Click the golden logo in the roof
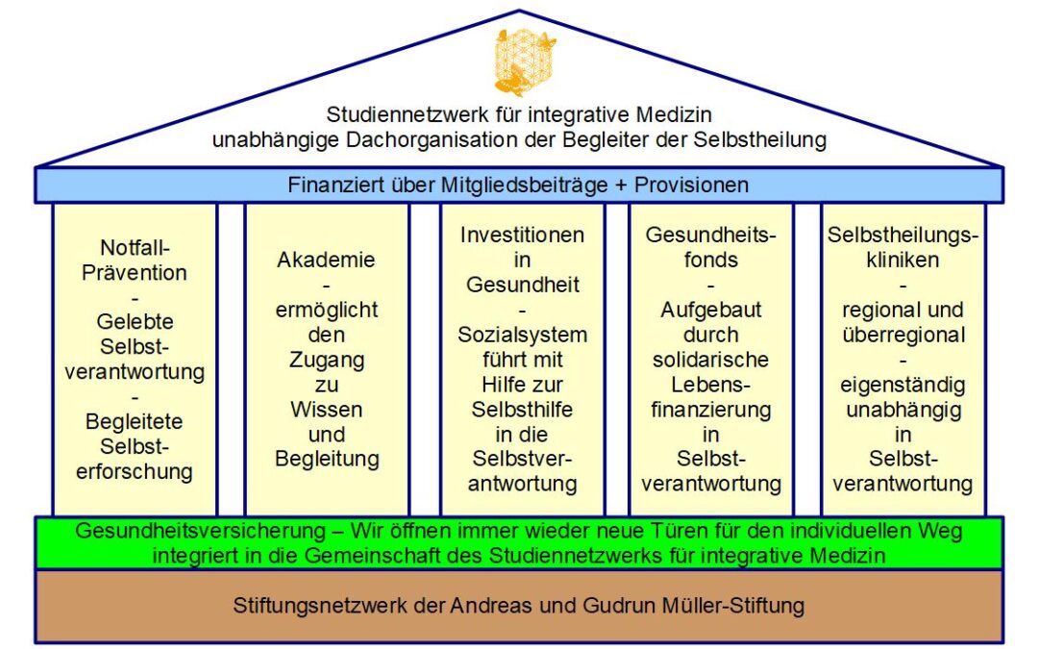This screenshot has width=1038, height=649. (526, 62)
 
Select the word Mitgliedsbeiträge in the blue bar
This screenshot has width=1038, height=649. (525, 185)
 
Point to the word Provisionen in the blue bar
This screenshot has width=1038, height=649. (691, 185)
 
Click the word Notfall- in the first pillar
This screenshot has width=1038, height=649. (136, 248)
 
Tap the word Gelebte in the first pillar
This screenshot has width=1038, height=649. (136, 322)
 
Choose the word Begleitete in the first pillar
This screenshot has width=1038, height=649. (135, 422)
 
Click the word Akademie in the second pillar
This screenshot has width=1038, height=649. (327, 260)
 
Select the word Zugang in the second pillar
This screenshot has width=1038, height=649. (327, 361)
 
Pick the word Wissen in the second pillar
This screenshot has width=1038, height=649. (327, 410)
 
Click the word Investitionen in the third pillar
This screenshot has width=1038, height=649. (522, 236)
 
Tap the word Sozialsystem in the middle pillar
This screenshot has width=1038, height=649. (522, 336)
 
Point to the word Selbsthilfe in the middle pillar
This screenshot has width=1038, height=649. (522, 410)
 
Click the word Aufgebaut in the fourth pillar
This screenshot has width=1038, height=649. (711, 310)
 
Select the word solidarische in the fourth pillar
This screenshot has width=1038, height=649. (711, 360)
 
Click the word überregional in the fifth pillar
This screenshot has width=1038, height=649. (903, 336)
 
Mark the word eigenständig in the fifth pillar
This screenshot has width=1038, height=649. (902, 386)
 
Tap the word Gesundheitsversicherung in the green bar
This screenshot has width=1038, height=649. (201, 531)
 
